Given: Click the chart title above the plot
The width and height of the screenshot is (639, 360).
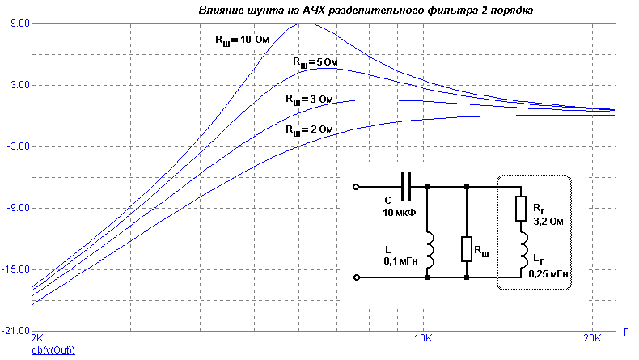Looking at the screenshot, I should pos(366,10).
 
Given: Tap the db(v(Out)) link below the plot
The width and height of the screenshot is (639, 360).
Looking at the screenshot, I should pos(53,350).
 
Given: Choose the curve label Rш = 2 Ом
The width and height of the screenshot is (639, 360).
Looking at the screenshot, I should pos(307,129).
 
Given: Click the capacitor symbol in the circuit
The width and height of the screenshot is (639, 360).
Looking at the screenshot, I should pos(407,187).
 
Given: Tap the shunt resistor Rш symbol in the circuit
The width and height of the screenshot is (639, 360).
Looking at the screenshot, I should pos(467,248).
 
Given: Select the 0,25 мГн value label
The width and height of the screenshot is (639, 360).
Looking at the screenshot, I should pos(548,274).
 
